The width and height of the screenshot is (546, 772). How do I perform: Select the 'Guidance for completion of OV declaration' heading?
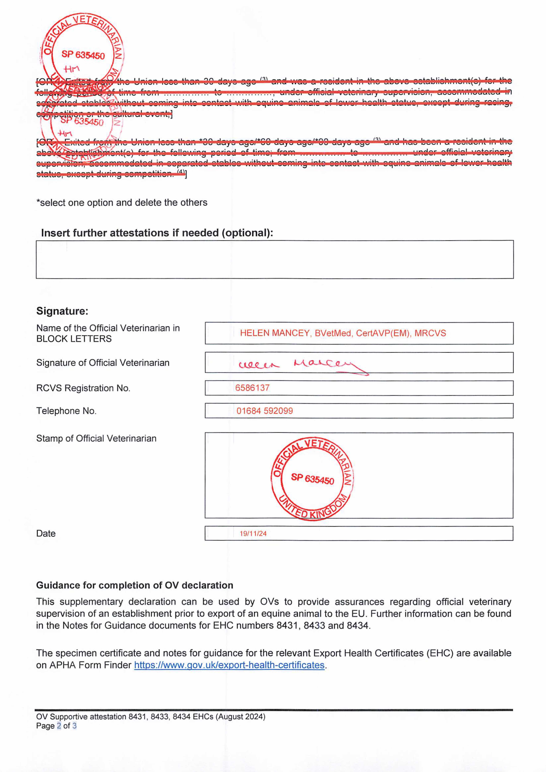(135, 585)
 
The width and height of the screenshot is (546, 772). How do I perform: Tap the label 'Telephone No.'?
(66, 411)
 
